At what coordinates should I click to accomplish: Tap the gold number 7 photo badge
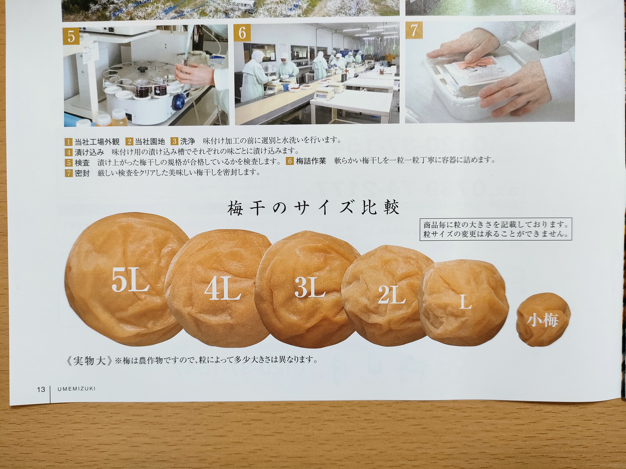414,30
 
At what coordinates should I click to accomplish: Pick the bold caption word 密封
82,173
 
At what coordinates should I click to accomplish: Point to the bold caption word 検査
82,163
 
